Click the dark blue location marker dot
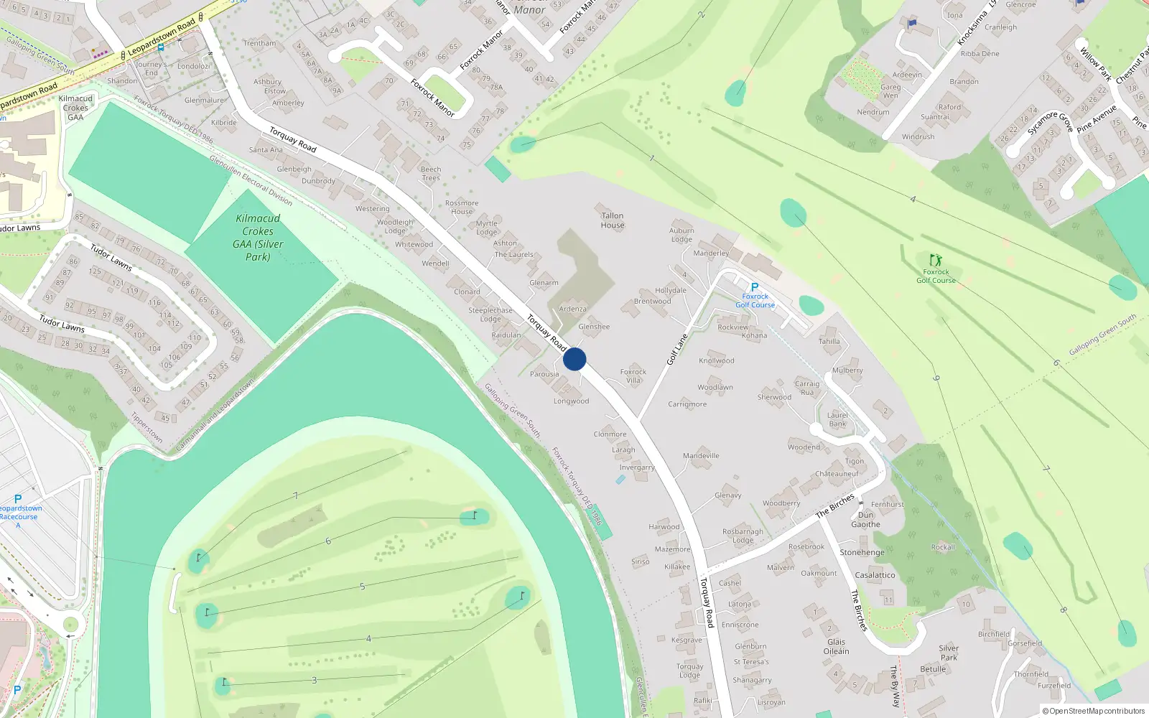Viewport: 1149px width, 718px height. coord(574,359)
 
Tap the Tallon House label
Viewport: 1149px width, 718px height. coord(613,220)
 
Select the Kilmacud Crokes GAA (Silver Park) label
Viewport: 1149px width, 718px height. coord(258,238)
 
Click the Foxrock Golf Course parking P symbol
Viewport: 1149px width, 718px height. coord(755,287)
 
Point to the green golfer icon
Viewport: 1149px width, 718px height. coord(935,260)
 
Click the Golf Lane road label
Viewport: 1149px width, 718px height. coord(677,349)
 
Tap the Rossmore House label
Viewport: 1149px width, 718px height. coord(462,208)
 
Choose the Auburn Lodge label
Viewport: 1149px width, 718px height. coord(682,236)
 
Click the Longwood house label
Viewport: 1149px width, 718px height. coord(571,401)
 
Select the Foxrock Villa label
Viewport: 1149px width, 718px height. coord(633,376)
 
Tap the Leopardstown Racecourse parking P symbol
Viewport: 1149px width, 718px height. coord(18,499)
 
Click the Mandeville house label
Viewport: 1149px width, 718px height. coord(701,456)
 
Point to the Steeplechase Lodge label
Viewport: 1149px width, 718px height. coord(490,314)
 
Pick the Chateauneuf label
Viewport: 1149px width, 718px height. coord(837,474)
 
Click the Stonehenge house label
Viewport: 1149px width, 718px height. coord(862,553)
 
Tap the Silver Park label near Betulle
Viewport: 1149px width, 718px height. coord(949,653)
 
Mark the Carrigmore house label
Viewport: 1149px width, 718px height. coord(687,404)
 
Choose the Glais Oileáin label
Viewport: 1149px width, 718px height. coord(836,647)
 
